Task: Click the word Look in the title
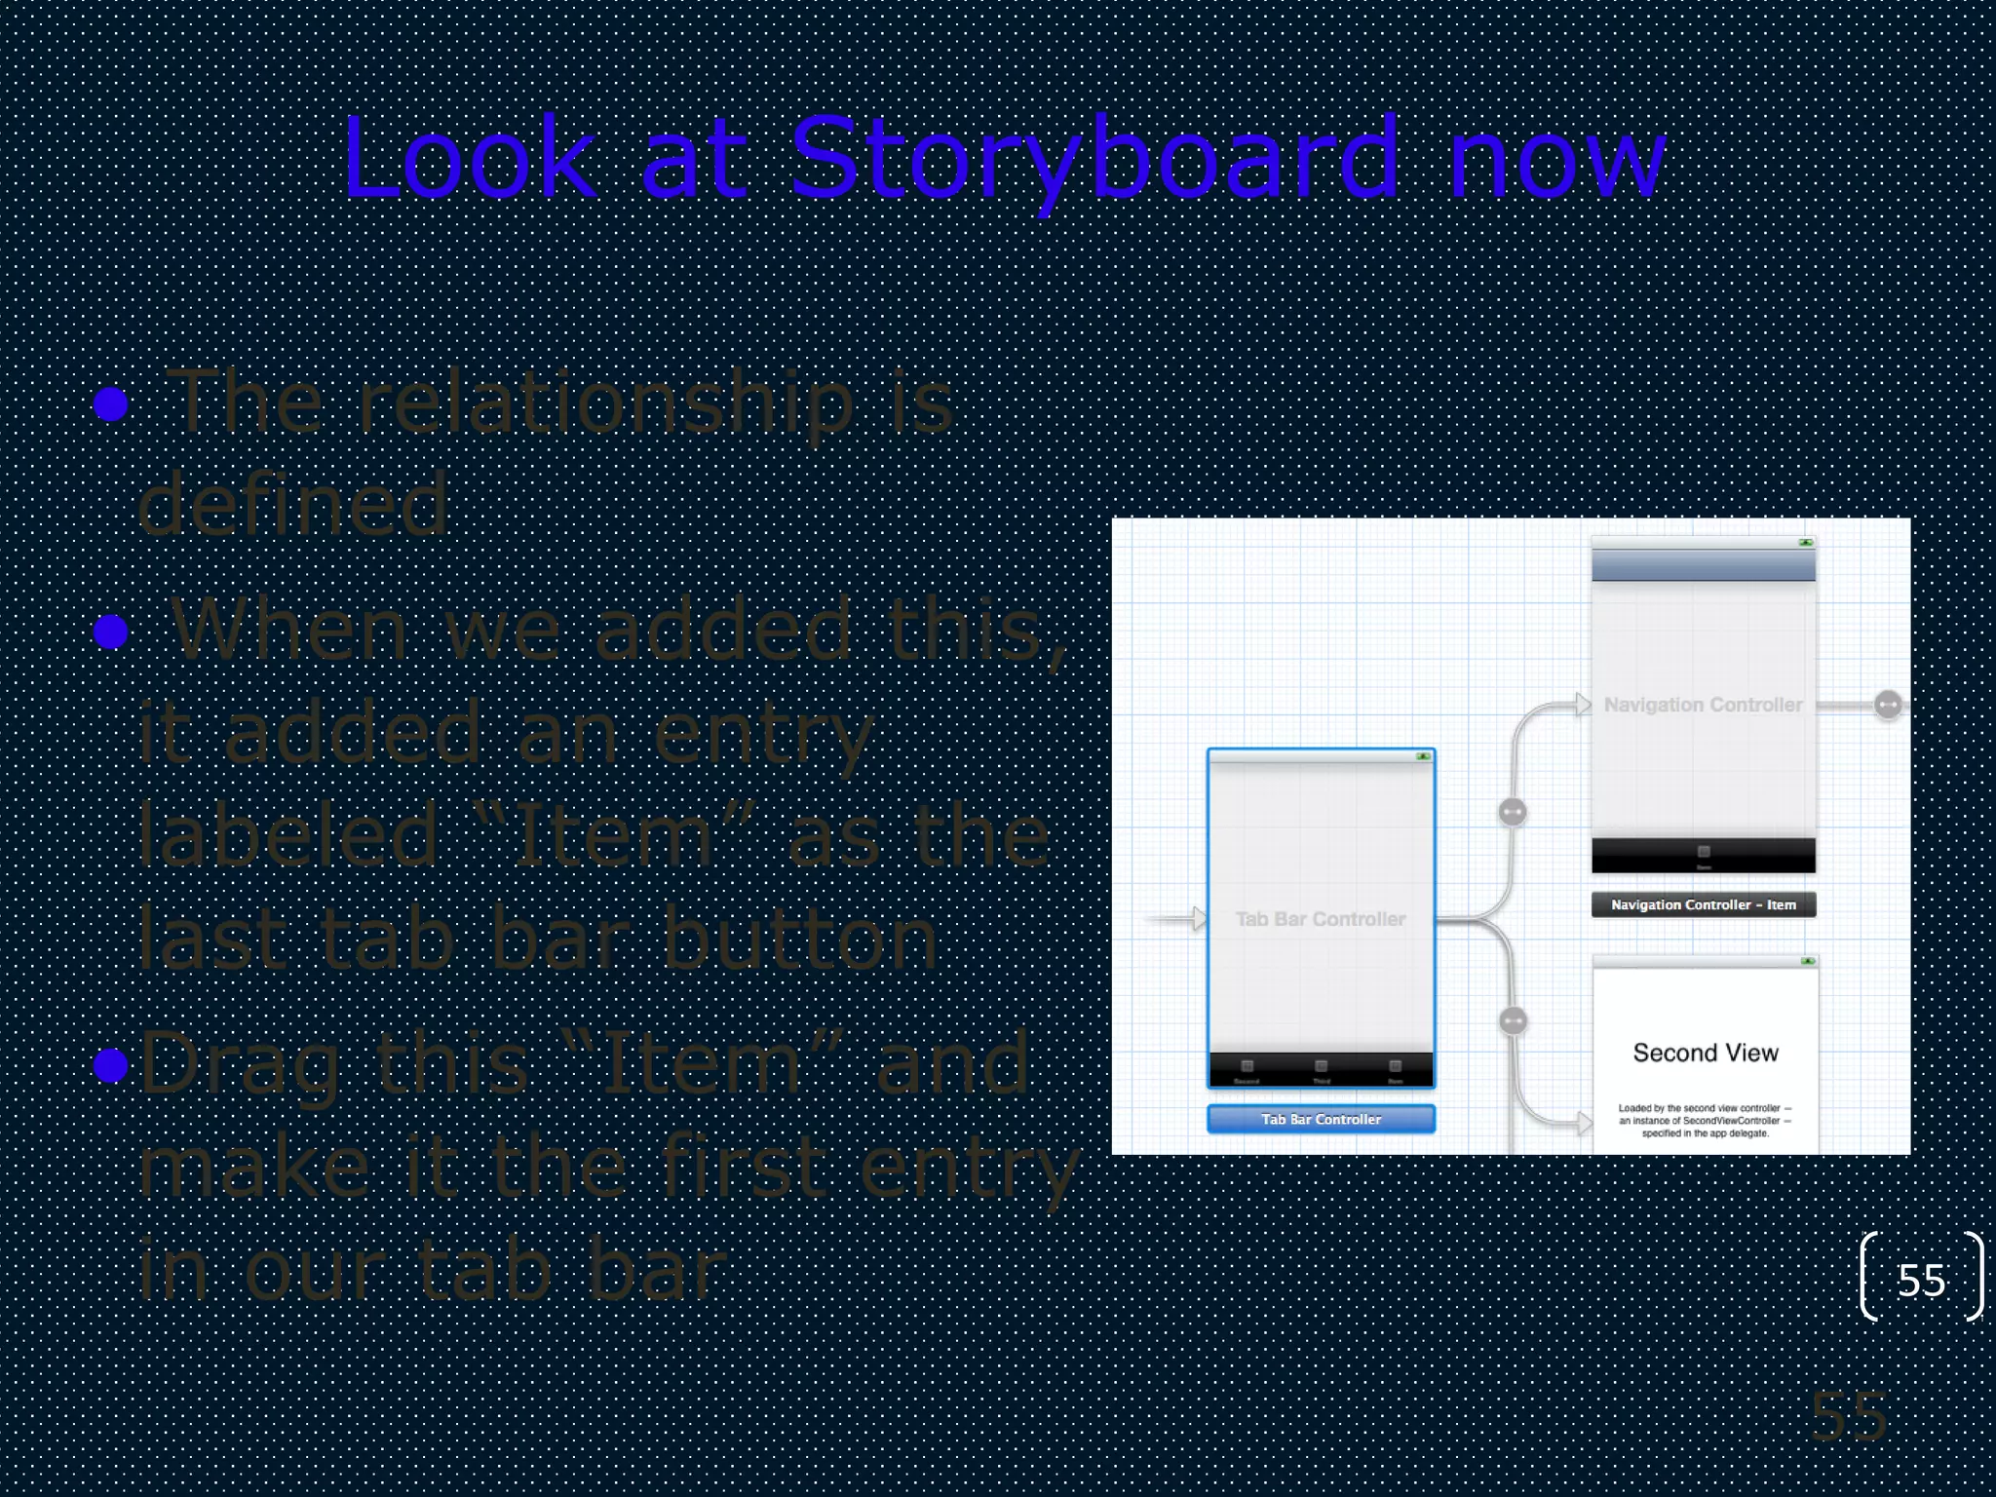click(x=469, y=158)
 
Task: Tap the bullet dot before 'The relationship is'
click(x=111, y=403)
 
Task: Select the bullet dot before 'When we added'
click(x=111, y=632)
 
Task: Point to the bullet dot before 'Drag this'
click(x=111, y=1065)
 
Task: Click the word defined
click(x=292, y=505)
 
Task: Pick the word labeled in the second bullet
click(x=288, y=836)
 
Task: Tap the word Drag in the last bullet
click(x=240, y=1065)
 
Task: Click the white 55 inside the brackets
click(x=1921, y=1281)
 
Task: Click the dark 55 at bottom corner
click(x=1849, y=1416)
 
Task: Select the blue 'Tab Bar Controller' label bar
click(x=1321, y=1119)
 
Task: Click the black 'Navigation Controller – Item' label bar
click(x=1703, y=904)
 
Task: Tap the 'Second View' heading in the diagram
click(x=1706, y=1053)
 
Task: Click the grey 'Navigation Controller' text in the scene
click(x=1703, y=705)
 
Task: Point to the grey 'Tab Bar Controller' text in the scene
click(x=1321, y=919)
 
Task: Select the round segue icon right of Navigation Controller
click(x=1888, y=705)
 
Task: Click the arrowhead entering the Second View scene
click(x=1585, y=1123)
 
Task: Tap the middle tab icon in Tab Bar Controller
click(x=1321, y=1066)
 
